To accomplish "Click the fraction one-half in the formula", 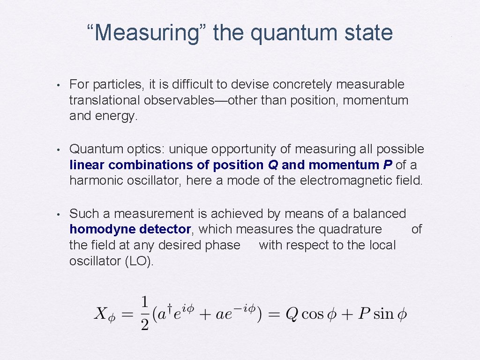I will point(145,314).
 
